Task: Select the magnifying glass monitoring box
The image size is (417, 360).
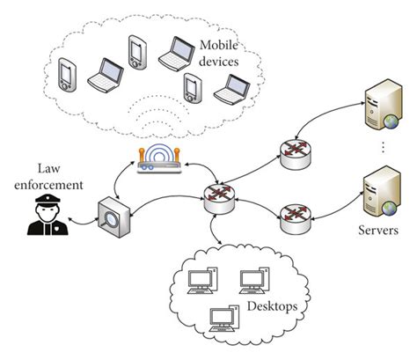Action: click(x=114, y=214)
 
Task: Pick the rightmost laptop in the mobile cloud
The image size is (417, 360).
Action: click(x=234, y=88)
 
